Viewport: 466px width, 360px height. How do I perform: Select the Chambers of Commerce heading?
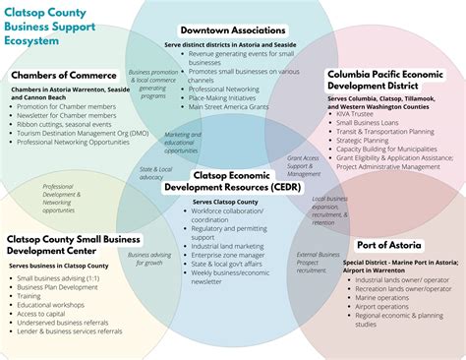[x=64, y=75]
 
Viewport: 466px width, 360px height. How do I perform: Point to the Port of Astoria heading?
[x=390, y=245]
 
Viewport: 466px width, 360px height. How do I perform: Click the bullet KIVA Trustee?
[x=361, y=115]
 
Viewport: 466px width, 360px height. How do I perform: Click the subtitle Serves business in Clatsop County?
[x=59, y=266]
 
